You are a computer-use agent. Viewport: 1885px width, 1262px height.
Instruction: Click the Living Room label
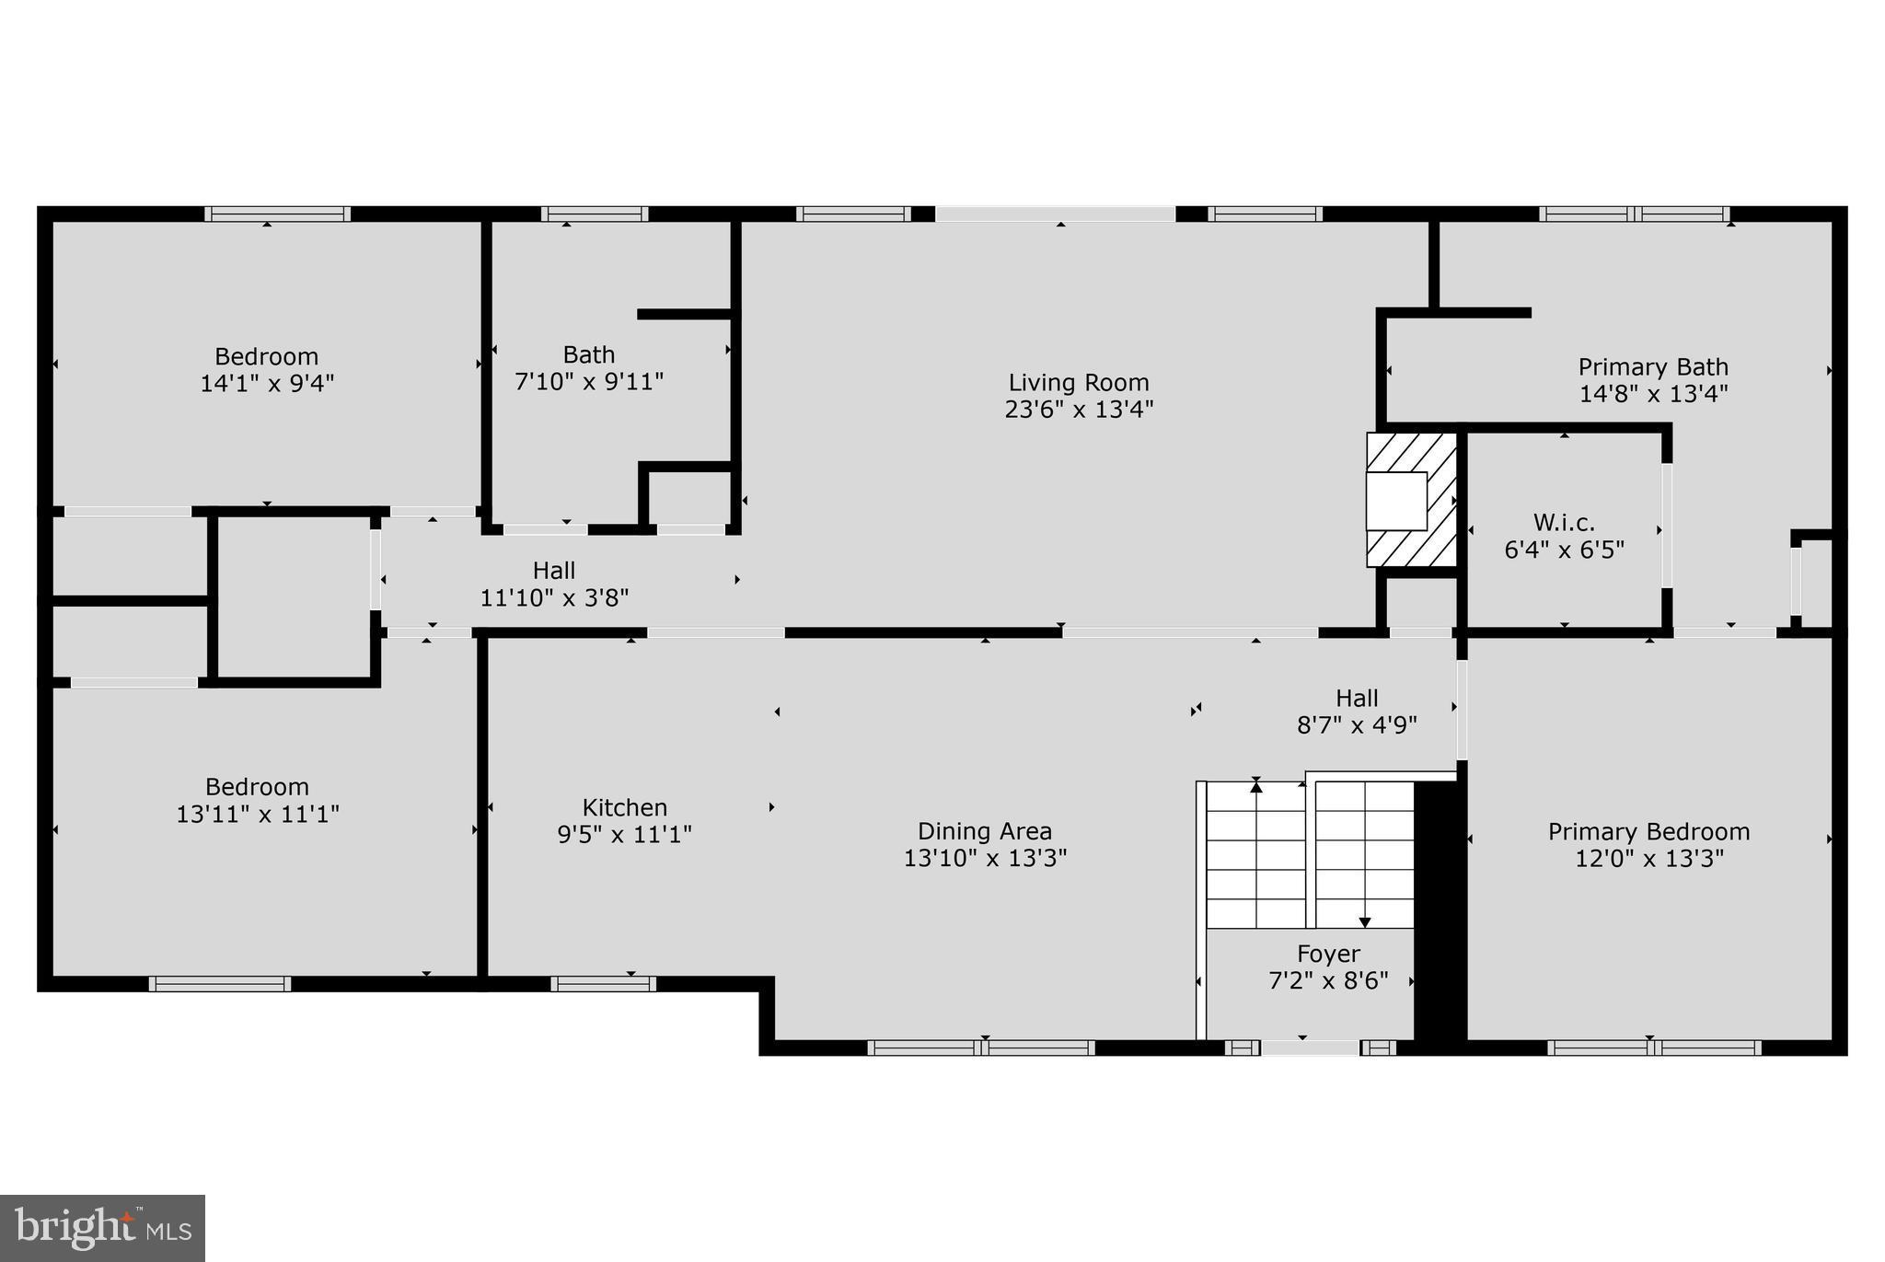[1079, 382]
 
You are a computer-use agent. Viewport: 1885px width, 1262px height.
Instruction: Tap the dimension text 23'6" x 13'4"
[1079, 409]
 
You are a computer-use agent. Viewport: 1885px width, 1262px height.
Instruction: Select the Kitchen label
[625, 807]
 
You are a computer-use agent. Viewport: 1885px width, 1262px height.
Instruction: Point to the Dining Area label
[985, 831]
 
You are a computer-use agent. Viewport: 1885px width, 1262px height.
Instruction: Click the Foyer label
[1328, 954]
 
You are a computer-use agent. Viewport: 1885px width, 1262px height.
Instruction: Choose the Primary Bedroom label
[1648, 831]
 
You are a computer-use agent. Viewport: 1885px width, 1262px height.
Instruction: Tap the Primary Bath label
[1653, 367]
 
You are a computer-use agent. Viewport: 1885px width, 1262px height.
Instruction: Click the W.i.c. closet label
[1564, 523]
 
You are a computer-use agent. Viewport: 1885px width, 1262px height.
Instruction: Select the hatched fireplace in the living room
[1411, 500]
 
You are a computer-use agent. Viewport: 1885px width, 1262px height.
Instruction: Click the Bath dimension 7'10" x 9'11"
[589, 381]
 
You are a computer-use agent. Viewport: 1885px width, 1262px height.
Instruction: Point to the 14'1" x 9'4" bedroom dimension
[267, 383]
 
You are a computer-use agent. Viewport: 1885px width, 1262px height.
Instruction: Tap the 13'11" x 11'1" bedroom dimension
[258, 814]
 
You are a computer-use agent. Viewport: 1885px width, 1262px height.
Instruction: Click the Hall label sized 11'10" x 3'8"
[554, 571]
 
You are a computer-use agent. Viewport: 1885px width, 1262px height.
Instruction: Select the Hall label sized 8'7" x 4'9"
[1357, 698]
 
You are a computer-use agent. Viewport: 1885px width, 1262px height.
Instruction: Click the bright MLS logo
[102, 1228]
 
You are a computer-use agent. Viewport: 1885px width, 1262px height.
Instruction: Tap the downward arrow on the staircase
[1365, 920]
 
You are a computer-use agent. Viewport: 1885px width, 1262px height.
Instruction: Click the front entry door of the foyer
[1310, 1048]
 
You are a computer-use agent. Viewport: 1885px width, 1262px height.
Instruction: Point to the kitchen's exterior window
[604, 983]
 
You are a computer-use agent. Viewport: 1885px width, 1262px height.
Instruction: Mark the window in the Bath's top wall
[595, 214]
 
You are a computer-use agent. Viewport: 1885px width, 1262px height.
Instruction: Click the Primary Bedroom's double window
[1654, 1048]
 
